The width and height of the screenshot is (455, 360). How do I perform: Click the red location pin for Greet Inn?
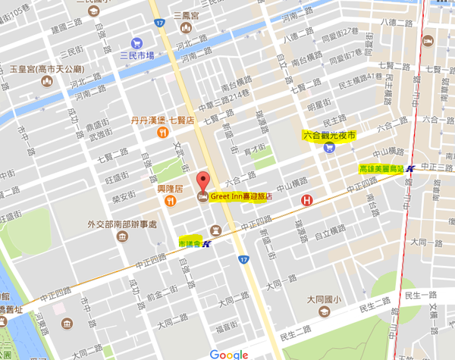pyautogui.click(x=202, y=183)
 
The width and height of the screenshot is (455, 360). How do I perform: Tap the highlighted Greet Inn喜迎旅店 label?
pyautogui.click(x=240, y=196)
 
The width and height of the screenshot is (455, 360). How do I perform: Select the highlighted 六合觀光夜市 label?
pyautogui.click(x=328, y=135)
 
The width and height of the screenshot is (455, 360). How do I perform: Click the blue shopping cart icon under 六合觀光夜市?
pyautogui.click(x=328, y=148)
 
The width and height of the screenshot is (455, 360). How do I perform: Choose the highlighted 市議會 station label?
pyautogui.click(x=190, y=243)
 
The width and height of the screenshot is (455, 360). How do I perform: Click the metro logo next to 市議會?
pyautogui.click(x=207, y=243)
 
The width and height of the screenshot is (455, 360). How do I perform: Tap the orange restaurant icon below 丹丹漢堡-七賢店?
pyautogui.click(x=162, y=133)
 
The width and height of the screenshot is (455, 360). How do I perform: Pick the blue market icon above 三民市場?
pyautogui.click(x=136, y=42)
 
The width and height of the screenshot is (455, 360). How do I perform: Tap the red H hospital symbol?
pyautogui.click(x=306, y=201)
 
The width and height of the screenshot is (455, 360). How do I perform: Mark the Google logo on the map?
pyautogui.click(x=229, y=354)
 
